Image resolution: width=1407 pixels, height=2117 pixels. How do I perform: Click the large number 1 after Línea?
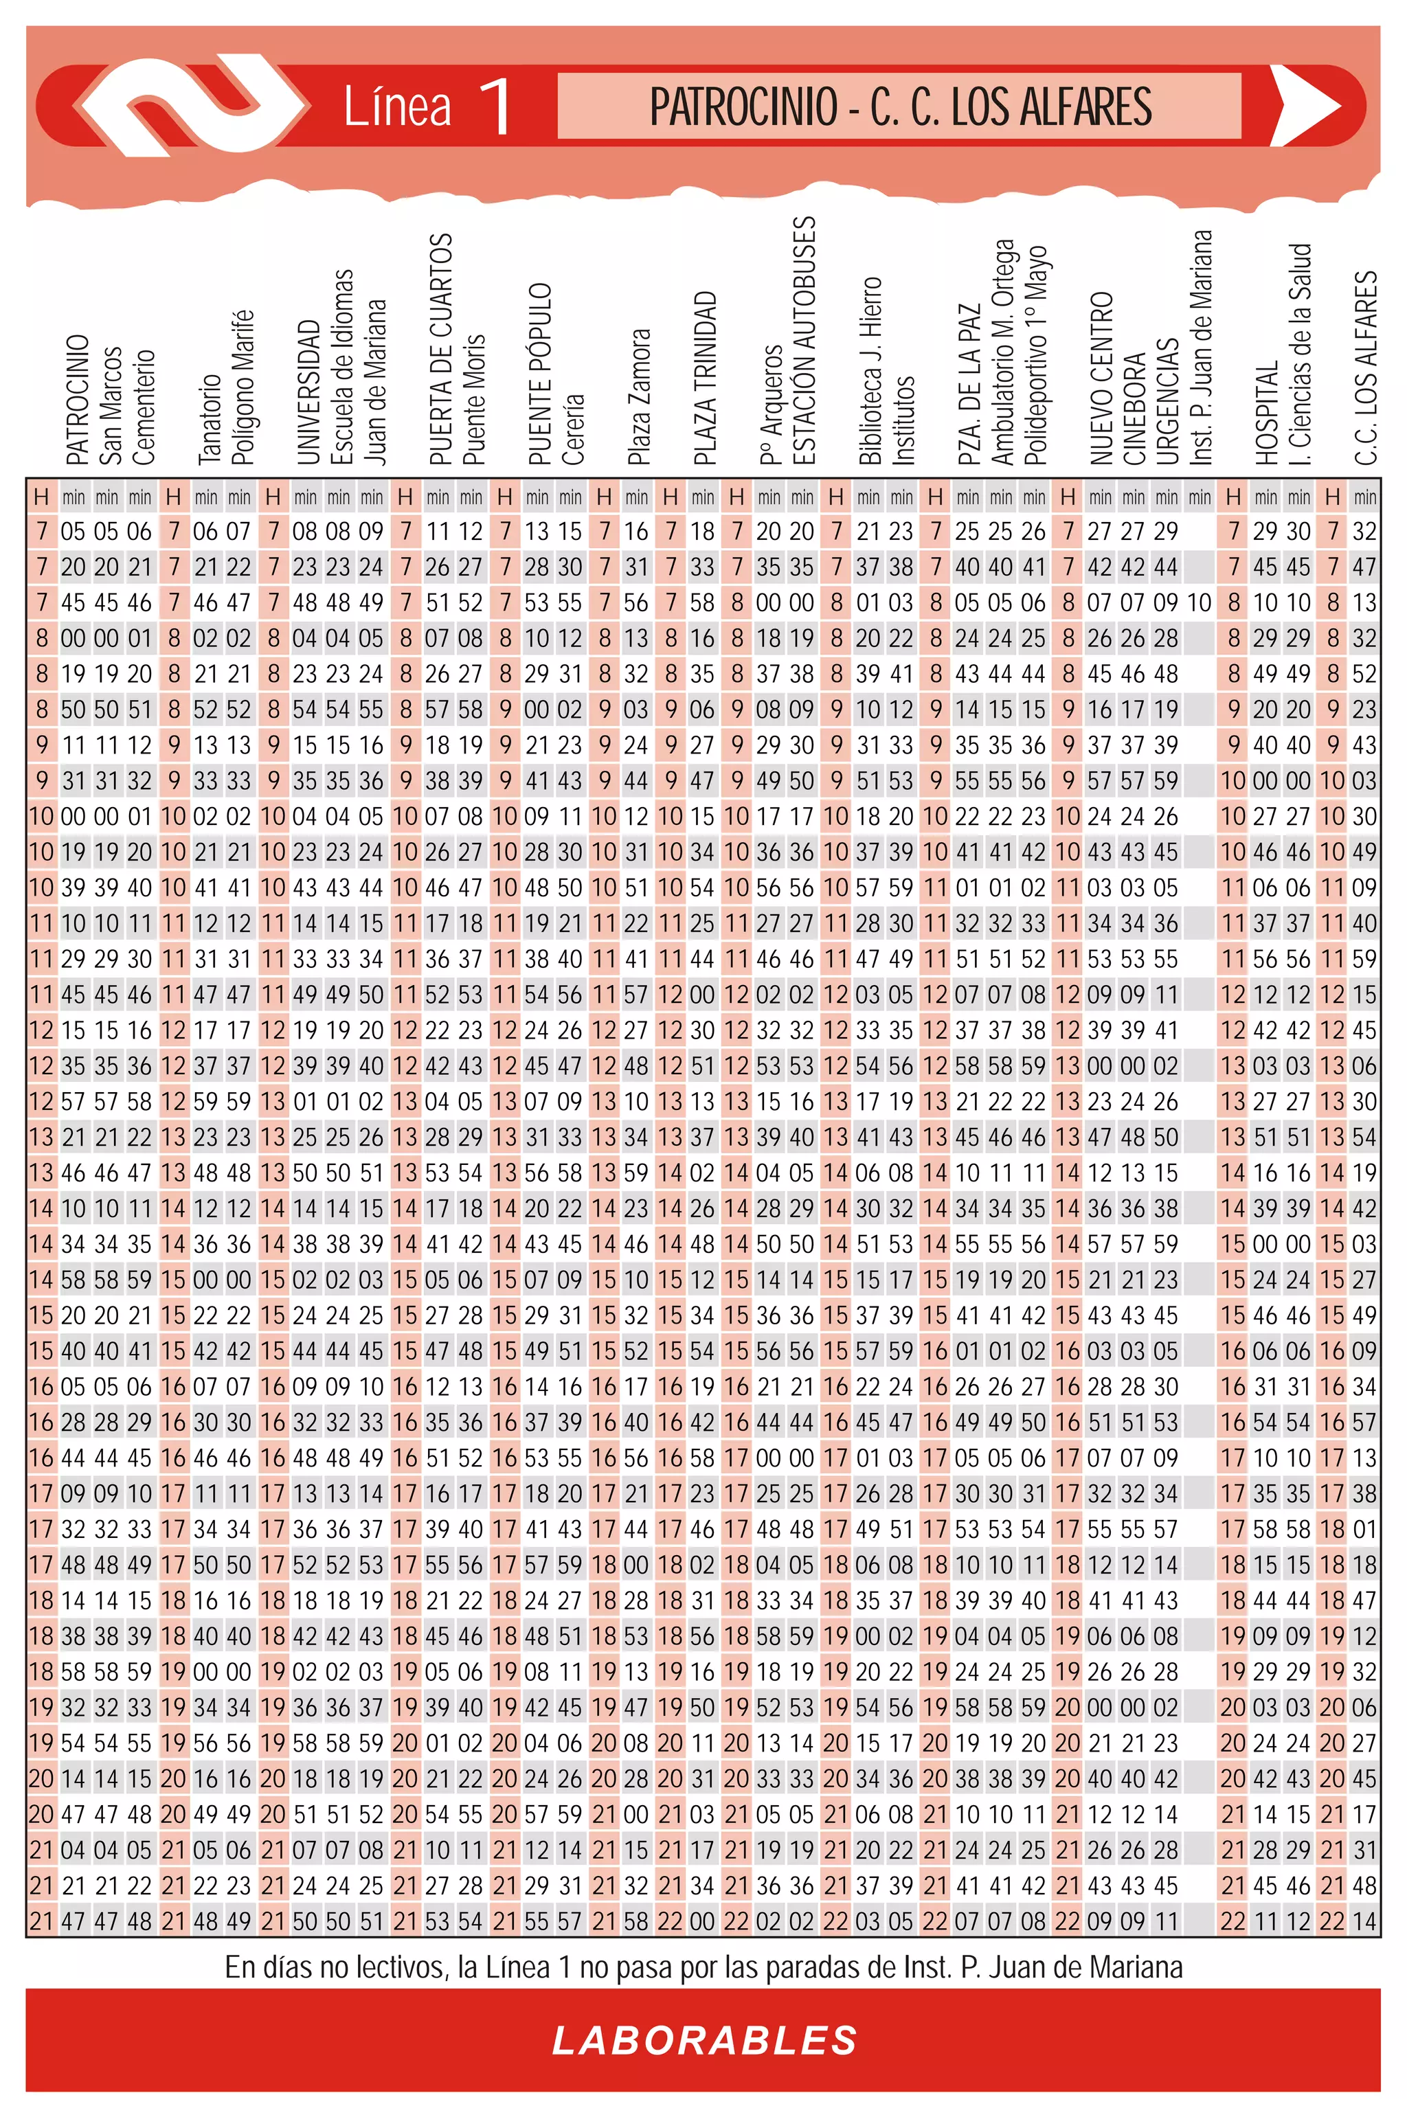point(495,106)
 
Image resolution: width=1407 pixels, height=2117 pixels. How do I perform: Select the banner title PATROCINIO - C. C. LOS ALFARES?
point(900,106)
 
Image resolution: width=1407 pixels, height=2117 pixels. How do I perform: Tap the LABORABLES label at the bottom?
point(704,2041)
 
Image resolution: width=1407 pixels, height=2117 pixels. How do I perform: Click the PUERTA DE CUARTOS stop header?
point(440,350)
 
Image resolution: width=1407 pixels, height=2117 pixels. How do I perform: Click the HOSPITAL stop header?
point(1265,414)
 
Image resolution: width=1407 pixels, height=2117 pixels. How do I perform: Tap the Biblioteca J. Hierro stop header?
point(870,370)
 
